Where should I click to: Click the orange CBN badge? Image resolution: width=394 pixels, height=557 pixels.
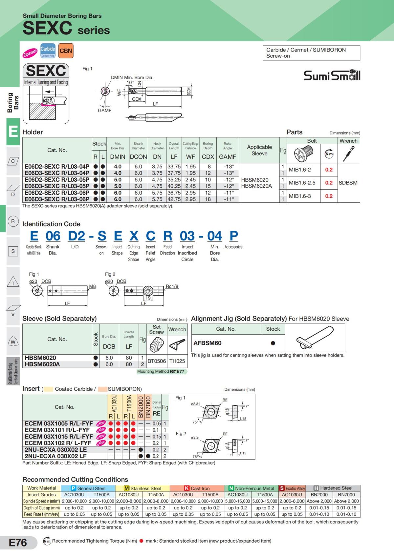pyautogui.click(x=66, y=51)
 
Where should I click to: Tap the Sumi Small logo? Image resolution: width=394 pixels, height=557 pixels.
pyautogui.click(x=332, y=75)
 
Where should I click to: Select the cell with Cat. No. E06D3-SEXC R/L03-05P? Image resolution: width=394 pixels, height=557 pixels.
pyautogui.click(x=57, y=186)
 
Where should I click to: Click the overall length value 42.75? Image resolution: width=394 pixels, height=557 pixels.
pyautogui.click(x=174, y=199)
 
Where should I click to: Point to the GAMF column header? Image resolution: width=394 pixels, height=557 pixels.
pyautogui.click(x=228, y=157)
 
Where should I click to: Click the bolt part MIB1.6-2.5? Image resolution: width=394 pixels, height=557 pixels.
pyautogui.click(x=302, y=183)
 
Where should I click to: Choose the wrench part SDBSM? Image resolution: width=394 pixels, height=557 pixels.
pyautogui.click(x=348, y=183)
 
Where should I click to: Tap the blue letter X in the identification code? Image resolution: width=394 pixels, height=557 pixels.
pyautogui.click(x=134, y=236)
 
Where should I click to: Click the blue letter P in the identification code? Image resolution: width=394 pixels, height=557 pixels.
pyautogui.click(x=234, y=236)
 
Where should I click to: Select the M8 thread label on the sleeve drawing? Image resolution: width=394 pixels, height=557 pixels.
pyautogui.click(x=92, y=286)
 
